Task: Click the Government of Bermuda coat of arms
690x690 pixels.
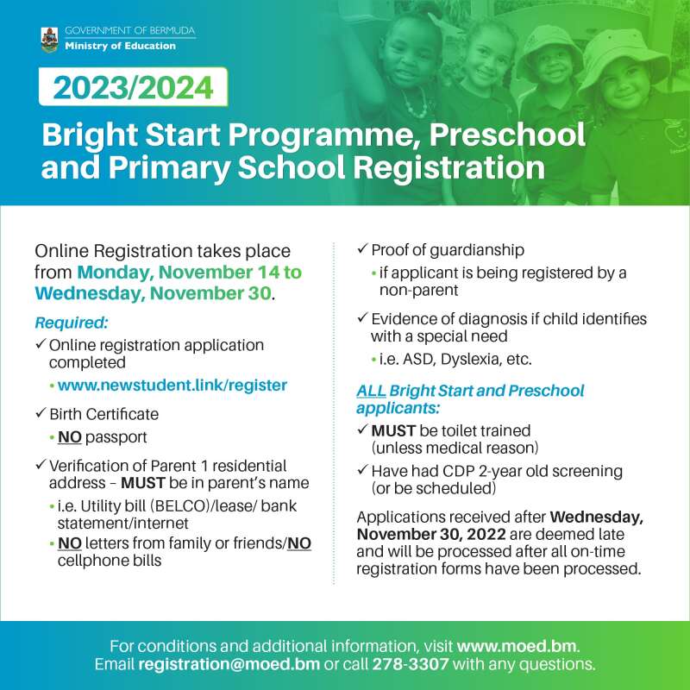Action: pos(49,40)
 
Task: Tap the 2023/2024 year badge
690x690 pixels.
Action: pos(133,87)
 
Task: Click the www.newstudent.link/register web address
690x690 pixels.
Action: pos(172,385)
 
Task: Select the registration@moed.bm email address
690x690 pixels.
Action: pos(229,663)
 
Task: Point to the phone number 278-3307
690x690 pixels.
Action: pos(411,663)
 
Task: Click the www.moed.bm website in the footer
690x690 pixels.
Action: pos(516,646)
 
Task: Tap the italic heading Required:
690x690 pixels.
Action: pos(72,323)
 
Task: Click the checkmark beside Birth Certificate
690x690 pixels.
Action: pos(41,413)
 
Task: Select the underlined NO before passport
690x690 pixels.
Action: pos(70,437)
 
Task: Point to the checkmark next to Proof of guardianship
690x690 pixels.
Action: pos(362,248)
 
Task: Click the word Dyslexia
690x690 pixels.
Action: pos(471,360)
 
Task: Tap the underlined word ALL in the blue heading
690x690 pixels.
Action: pos(371,391)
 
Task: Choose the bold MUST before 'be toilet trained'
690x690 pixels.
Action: pos(393,430)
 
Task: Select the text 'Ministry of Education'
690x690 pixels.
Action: pos(120,46)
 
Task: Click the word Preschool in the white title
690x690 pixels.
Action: pos(507,135)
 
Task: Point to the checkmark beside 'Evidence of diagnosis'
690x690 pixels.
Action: pos(362,317)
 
